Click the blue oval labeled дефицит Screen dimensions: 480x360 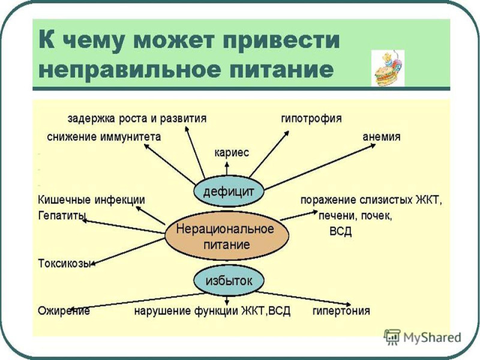tap(229, 191)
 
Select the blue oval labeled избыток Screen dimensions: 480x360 tap(229, 280)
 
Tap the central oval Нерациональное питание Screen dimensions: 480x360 tap(227, 236)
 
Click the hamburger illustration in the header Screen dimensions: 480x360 tap(388, 68)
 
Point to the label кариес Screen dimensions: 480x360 tap(232, 152)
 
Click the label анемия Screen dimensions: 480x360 tap(382, 137)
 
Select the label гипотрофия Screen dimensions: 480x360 tap(311, 118)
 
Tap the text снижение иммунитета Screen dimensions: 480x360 tap(104, 137)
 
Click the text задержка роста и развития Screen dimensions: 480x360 tap(137, 118)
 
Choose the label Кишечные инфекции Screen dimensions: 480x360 tap(91, 200)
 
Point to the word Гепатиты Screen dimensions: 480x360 tap(62, 216)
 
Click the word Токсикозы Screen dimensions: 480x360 tap(65, 263)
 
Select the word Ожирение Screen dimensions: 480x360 tap(64, 311)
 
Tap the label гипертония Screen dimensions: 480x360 tap(341, 311)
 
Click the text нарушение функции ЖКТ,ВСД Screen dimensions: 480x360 tap(212, 311)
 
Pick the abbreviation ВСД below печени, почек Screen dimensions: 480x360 tap(340, 232)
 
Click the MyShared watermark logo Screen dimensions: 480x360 tap(422, 337)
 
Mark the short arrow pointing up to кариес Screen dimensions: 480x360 tap(227, 169)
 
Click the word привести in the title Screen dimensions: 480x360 tap(281, 40)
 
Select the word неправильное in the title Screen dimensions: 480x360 tap(130, 70)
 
